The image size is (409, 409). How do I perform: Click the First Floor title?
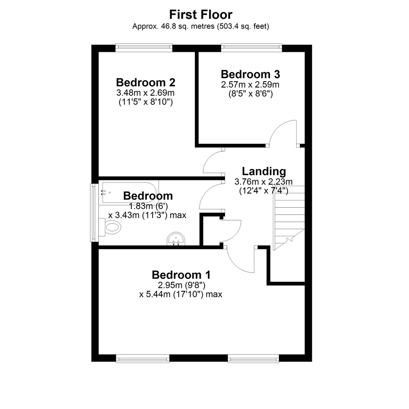click(201, 15)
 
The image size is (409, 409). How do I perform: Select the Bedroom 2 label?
click(145, 83)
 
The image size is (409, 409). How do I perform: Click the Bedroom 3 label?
click(250, 74)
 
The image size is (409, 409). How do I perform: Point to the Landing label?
click(264, 172)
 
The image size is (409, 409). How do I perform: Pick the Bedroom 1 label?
click(181, 275)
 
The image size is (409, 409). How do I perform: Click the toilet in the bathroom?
click(110, 227)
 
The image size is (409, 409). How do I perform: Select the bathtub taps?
click(103, 193)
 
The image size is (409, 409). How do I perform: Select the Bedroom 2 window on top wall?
click(144, 47)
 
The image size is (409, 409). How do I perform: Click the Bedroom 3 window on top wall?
click(252, 47)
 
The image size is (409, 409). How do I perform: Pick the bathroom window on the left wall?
click(93, 212)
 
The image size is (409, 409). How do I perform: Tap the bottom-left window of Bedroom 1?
click(143, 359)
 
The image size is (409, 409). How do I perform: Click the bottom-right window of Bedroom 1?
click(253, 359)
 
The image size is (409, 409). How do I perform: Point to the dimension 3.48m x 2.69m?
click(145, 93)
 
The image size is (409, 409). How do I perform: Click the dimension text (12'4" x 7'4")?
click(264, 191)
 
